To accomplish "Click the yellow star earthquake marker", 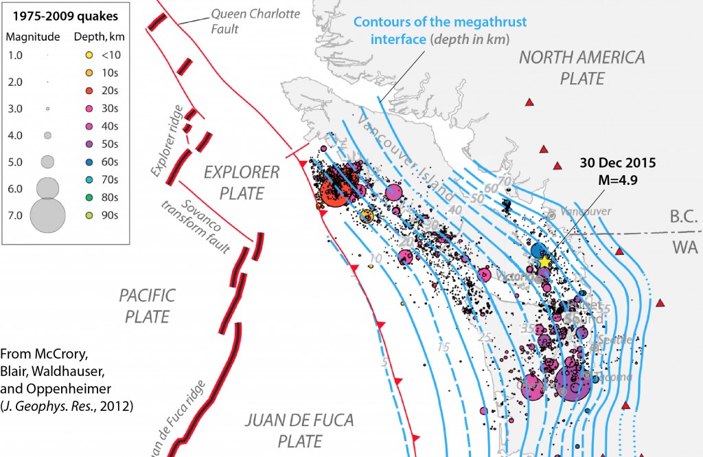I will coord(545,262).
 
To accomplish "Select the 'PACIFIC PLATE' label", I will coord(147,306).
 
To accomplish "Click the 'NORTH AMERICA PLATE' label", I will coord(581,67).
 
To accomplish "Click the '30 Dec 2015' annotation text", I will coord(616,164).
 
